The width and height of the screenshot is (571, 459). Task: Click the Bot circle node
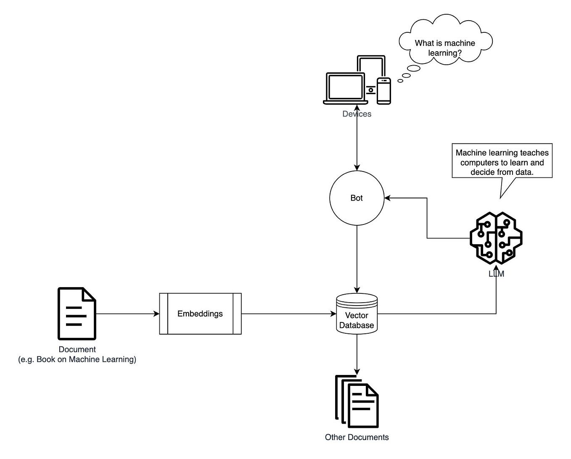pos(357,198)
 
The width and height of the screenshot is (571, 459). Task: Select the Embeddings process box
pos(200,314)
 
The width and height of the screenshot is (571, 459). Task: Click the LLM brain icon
pos(496,238)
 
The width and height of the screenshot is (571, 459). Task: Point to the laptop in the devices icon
pos(345,88)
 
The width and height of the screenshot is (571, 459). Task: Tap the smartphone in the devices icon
pos(383,90)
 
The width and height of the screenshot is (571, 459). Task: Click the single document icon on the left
pos(77,314)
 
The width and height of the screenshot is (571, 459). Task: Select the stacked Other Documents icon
pos(357,401)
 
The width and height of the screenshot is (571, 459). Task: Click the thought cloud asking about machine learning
pos(445,44)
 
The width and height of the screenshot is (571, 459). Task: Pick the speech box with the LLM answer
pos(502,161)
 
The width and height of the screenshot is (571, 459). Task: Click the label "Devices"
pos(357,114)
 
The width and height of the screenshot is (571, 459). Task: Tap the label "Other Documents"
pos(357,437)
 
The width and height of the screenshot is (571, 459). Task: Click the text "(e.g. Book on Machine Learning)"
pos(77,359)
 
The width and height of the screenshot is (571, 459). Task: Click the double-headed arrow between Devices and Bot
pos(357,143)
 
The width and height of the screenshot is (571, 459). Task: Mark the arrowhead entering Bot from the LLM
pos(388,198)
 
